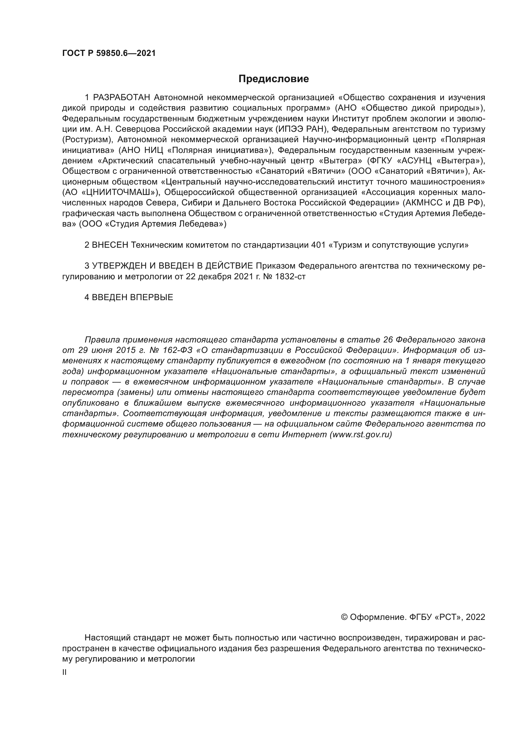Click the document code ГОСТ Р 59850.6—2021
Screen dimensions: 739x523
click(109, 53)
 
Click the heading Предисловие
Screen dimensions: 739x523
click(274, 79)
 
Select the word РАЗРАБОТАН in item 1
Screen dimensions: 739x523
click(121, 97)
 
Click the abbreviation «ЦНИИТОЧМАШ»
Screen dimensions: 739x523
click(119, 192)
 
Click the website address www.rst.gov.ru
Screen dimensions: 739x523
click(361, 434)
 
